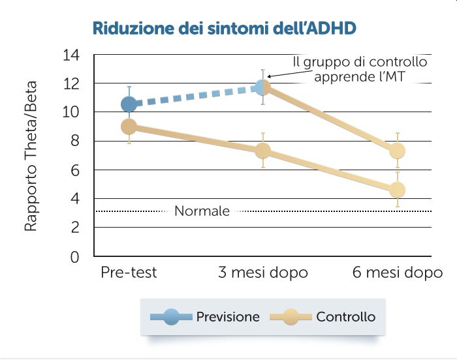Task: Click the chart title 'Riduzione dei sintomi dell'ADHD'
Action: point(224,29)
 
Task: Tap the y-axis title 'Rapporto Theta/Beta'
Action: point(31,157)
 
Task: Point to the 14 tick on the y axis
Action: point(71,55)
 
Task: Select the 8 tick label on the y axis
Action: point(74,141)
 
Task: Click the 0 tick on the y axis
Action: point(74,256)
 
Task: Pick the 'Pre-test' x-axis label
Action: point(129,273)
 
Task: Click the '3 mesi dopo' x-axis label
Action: point(262,273)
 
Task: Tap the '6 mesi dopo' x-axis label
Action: point(398,273)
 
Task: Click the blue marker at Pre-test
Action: point(129,104)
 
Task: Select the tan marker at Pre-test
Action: point(129,126)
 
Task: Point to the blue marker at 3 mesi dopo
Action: point(262,87)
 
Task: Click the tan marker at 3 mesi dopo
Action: point(262,151)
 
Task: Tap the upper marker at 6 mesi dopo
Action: point(397,151)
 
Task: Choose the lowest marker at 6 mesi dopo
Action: point(397,190)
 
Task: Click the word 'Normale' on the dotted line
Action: point(202,211)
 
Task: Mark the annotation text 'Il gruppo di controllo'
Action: point(360,63)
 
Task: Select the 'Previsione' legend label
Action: point(227,318)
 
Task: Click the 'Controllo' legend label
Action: point(345,318)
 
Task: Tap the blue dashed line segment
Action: point(196,96)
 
